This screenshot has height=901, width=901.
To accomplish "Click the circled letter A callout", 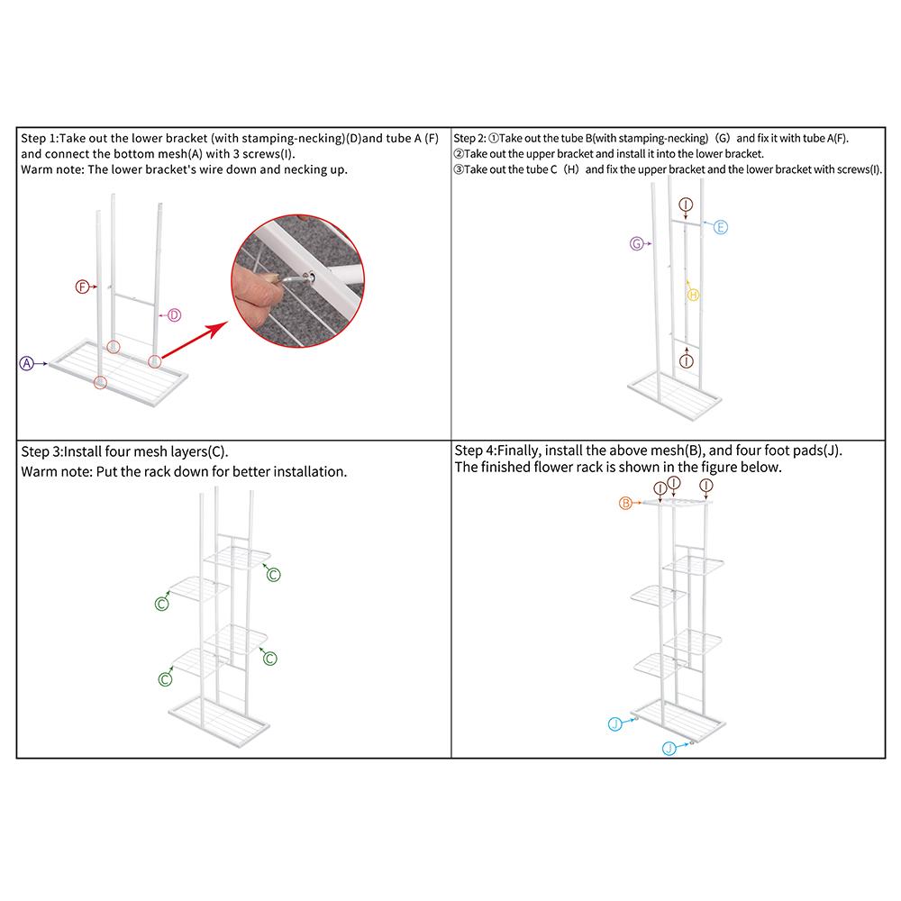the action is pos(26,363).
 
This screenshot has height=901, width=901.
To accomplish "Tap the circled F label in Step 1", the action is pos(82,287).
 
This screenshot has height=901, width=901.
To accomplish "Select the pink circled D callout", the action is pos(174,314).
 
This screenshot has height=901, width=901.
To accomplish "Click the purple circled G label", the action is pos(636,243).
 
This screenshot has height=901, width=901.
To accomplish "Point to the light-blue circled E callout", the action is pos(721,227).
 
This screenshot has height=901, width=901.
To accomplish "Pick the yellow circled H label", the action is pos(693,296).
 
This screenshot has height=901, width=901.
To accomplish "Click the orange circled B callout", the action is pos(625,504).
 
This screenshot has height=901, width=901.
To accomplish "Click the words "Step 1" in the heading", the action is pos(38,139).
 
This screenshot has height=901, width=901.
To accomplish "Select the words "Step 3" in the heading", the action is pos(41,451).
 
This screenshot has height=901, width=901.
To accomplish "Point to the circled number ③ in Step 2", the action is pos(459,169).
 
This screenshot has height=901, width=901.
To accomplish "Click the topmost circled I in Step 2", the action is pos(686,204).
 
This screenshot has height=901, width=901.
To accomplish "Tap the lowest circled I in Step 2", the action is pos(686,361).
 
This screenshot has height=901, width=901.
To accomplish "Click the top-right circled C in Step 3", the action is pos(274,575).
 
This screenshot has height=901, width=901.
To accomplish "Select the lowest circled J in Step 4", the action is pos(669,748).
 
